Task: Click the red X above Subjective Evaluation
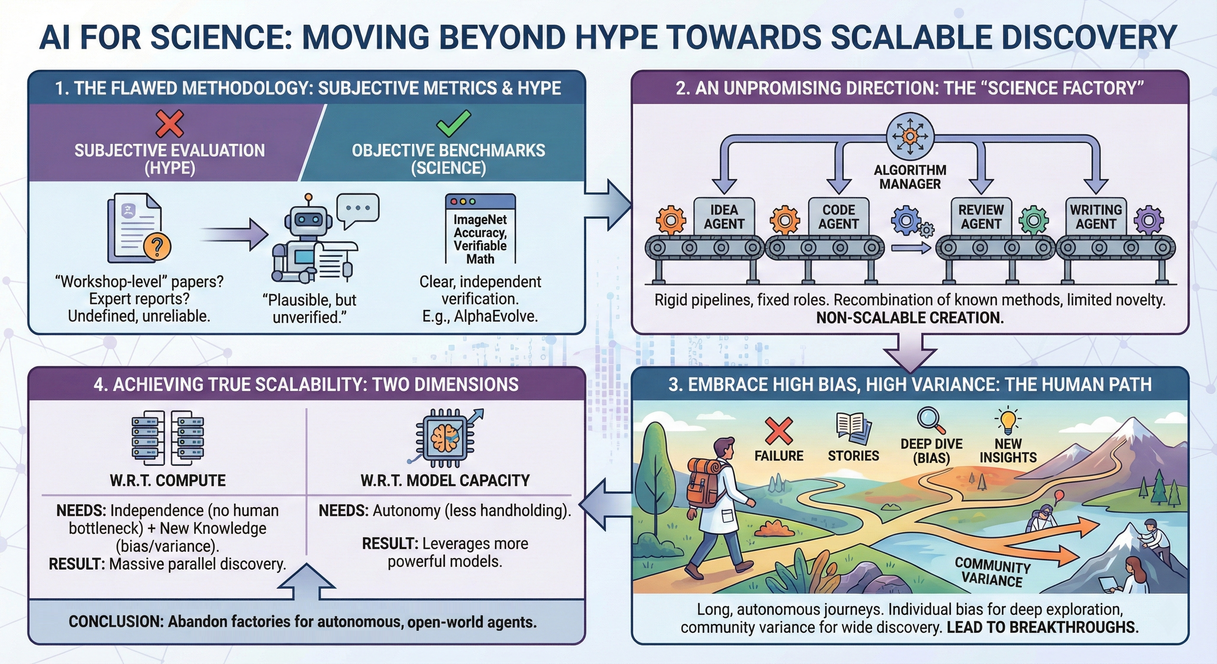point(169,124)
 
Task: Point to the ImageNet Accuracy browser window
point(480,229)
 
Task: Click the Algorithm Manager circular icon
point(910,136)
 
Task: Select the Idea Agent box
point(724,217)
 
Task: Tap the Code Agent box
point(838,217)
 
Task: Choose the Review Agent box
point(981,217)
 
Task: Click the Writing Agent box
point(1096,217)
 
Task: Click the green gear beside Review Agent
point(1034,220)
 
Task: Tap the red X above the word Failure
point(779,430)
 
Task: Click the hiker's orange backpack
point(703,482)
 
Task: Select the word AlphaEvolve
point(496,316)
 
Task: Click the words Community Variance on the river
point(992,572)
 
